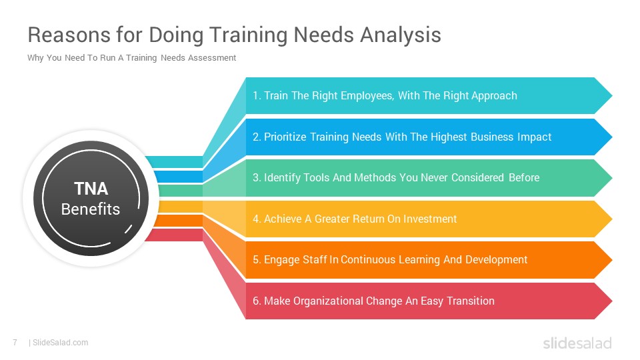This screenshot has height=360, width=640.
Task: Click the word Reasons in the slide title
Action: [69, 35]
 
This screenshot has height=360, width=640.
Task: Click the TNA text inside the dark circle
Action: [91, 189]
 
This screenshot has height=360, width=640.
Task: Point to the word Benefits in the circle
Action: [91, 209]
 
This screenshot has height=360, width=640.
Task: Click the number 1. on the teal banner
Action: [257, 95]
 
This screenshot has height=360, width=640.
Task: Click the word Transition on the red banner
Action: [471, 301]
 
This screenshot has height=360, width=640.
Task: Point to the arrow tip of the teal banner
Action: [612, 95]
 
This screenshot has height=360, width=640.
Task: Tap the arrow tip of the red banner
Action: [612, 301]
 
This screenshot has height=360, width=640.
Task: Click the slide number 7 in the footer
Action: [15, 343]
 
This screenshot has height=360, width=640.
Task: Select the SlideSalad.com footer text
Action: [61, 343]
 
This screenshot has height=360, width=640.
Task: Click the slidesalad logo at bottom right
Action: [577, 343]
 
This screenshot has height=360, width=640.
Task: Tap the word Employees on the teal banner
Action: [367, 96]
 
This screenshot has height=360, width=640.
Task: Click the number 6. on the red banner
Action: [257, 301]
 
